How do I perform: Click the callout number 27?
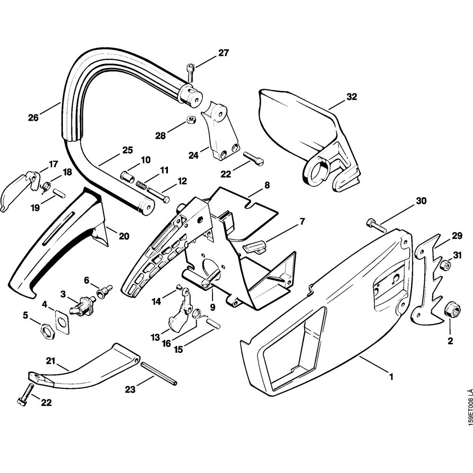[223, 53]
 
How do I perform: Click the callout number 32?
[351, 97]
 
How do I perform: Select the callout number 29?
[456, 236]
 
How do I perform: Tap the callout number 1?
[391, 377]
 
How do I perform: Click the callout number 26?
[33, 118]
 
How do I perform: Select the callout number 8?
[267, 185]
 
